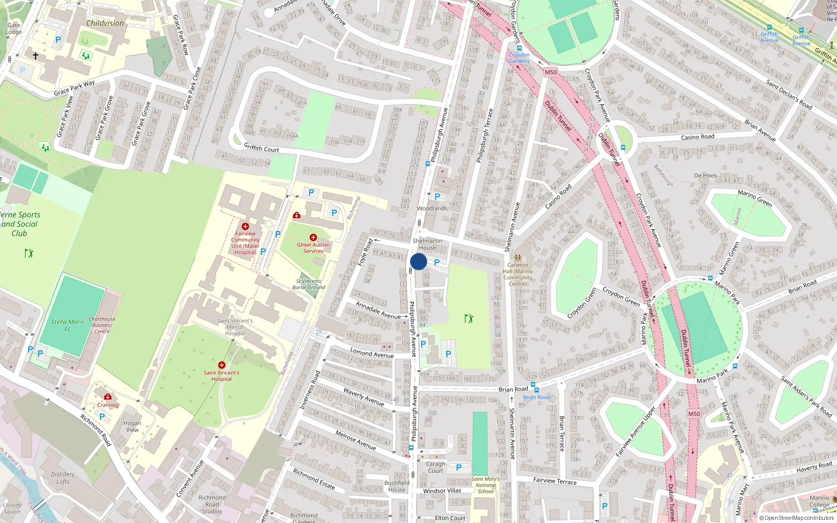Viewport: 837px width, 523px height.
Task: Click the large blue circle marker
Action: (418, 261)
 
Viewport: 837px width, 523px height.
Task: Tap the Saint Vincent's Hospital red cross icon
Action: (222, 365)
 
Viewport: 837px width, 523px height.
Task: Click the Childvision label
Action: (105, 23)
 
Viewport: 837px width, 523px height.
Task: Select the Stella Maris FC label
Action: (67, 325)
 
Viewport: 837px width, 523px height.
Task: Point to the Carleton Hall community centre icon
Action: (518, 258)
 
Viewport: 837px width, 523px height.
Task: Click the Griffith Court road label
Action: (262, 149)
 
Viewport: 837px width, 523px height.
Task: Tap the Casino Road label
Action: (697, 137)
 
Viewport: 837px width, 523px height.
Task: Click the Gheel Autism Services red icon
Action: (313, 237)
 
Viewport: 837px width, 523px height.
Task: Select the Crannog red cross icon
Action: (108, 397)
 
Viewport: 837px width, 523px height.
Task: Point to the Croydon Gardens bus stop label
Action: (519, 58)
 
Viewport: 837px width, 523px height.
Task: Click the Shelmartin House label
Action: (427, 244)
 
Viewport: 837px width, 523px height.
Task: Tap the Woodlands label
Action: (432, 208)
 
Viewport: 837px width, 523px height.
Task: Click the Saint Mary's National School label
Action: (485, 485)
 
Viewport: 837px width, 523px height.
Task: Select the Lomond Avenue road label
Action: (372, 354)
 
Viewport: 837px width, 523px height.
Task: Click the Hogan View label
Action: (132, 426)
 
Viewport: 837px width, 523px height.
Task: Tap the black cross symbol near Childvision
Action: (36, 55)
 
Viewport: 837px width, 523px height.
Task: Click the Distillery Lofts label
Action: (63, 478)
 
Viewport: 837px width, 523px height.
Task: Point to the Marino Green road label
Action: (755, 198)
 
